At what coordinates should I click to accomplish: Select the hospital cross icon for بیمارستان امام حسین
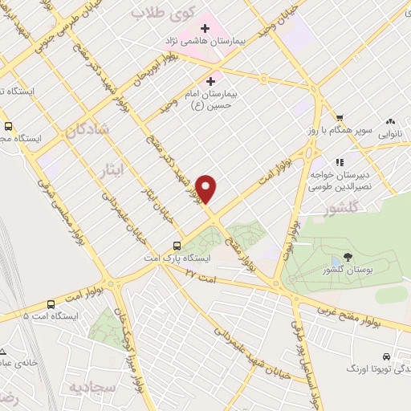(x=212, y=81)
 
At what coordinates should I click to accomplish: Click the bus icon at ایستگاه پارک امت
(x=177, y=246)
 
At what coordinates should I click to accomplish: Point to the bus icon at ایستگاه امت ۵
(x=51, y=304)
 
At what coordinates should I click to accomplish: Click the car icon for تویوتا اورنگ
(x=387, y=356)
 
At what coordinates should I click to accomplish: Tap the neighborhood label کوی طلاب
(x=157, y=14)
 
